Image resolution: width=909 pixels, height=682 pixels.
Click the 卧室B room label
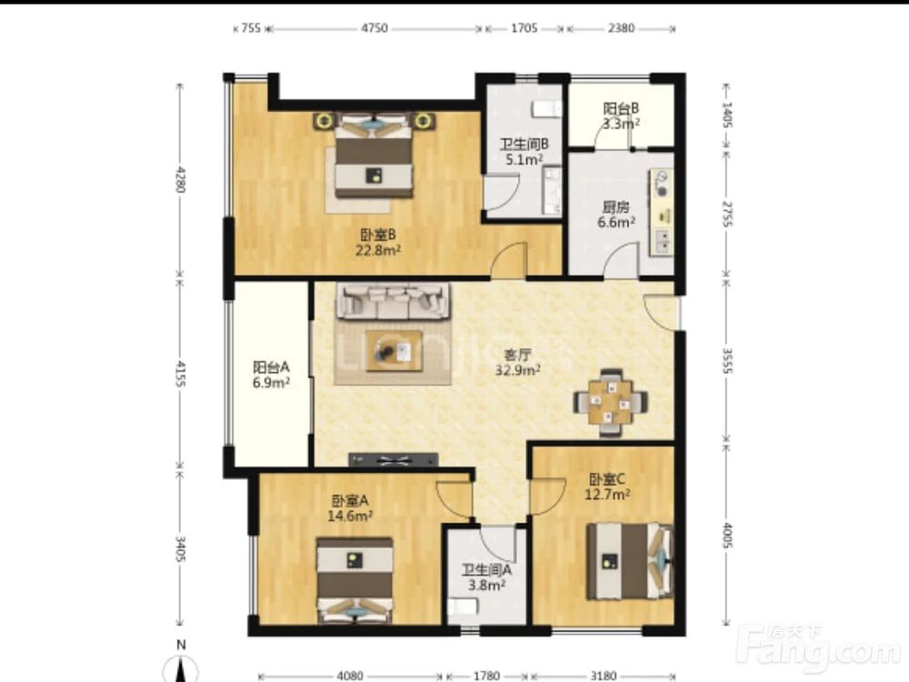click(378, 235)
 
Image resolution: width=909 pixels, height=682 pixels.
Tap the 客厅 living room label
click(517, 355)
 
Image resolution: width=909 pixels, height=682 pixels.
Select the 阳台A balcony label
click(271, 367)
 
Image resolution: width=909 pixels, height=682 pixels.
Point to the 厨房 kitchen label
click(615, 207)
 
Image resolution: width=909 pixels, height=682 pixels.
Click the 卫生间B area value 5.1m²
click(524, 159)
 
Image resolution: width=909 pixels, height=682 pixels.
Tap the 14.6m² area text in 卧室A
click(350, 516)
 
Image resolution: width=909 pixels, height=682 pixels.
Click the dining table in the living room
click(611, 402)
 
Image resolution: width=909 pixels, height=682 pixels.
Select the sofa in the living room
click(394, 300)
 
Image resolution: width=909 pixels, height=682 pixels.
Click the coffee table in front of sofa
click(395, 351)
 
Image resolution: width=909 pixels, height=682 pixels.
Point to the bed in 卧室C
click(630, 561)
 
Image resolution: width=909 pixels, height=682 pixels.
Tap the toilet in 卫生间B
click(546, 108)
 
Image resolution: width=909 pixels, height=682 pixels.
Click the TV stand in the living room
click(393, 460)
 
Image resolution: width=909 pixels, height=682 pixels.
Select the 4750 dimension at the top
click(375, 28)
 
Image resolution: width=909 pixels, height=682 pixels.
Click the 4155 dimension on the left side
click(180, 374)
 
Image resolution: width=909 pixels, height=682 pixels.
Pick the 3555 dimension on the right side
click(727, 361)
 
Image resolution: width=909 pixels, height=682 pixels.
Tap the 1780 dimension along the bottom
click(485, 676)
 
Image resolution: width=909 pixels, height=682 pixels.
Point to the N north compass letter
click(182, 645)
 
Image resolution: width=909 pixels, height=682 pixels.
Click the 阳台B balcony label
click(621, 108)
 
